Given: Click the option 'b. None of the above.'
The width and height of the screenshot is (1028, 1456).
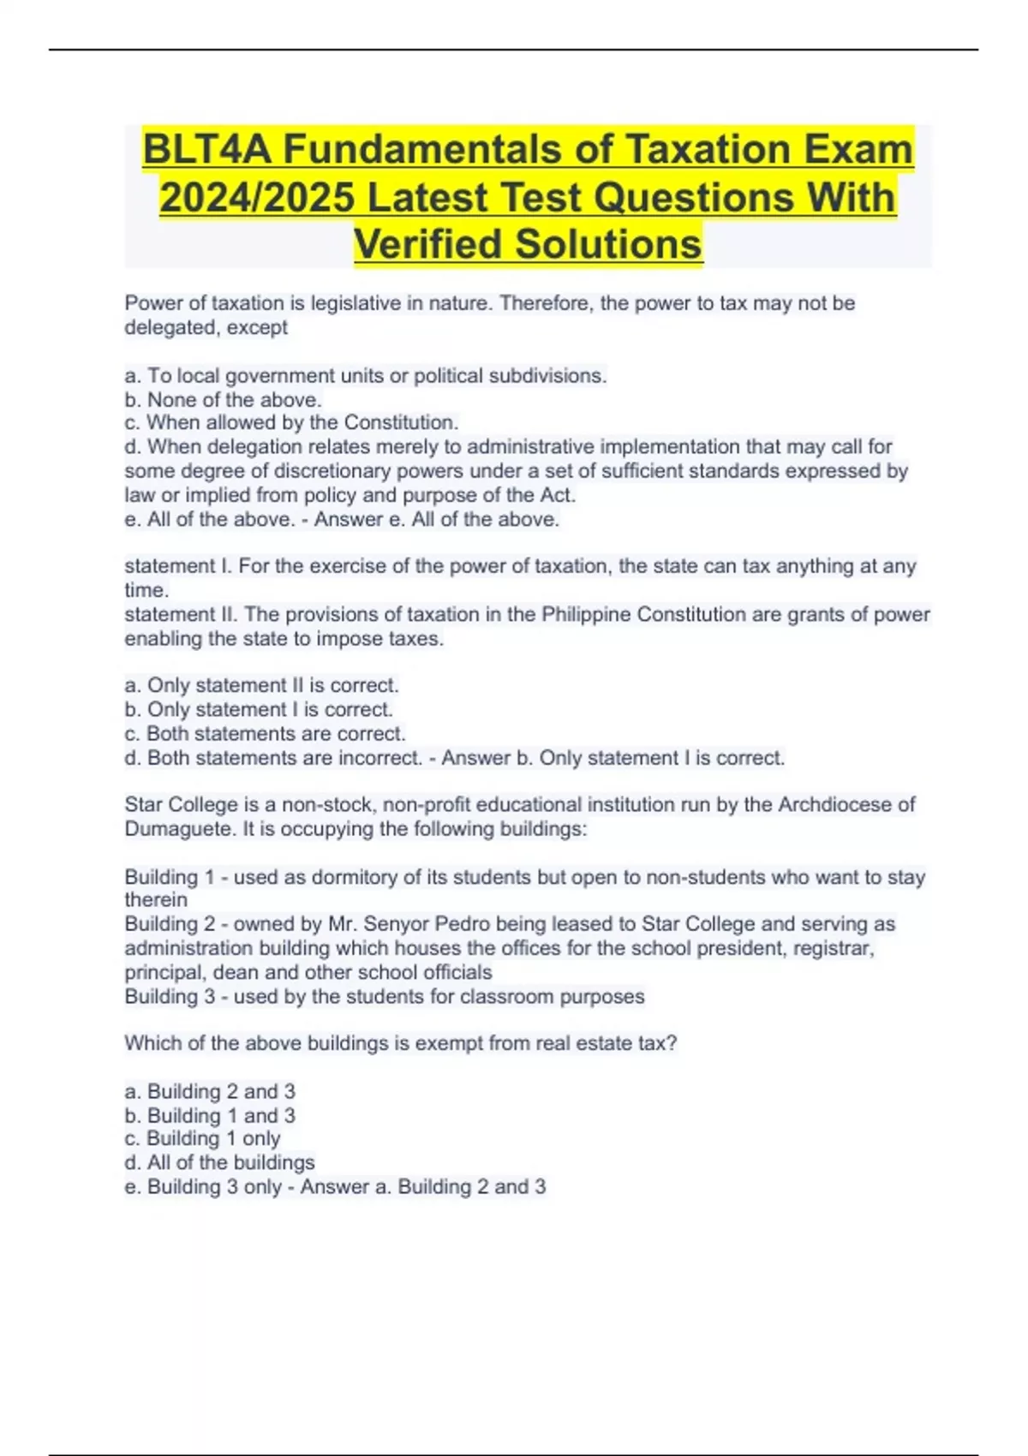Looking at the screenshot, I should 224,400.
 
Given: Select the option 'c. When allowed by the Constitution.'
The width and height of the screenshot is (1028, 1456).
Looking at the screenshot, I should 292,423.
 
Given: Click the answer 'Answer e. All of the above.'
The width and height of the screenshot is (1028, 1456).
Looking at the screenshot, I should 437,520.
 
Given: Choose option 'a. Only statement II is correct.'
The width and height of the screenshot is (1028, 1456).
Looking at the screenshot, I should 262,685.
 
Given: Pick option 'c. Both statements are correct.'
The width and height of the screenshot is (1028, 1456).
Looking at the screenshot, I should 266,734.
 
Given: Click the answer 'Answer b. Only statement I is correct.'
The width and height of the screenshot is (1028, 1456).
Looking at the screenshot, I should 613,758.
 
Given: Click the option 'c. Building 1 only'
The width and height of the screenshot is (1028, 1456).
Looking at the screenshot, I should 203,1139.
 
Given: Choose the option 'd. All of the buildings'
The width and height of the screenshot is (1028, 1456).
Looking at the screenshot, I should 220,1163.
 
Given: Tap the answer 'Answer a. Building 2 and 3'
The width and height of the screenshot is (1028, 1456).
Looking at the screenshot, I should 423,1187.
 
